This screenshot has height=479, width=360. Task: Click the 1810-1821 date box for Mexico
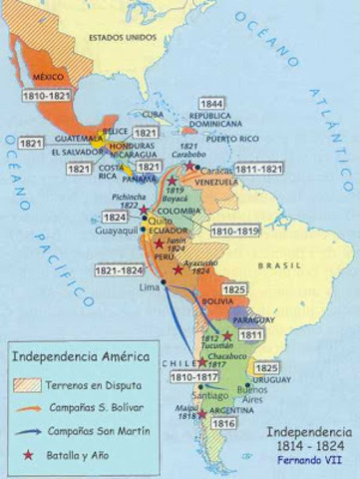46,97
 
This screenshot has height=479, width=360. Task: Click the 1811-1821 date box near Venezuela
285,171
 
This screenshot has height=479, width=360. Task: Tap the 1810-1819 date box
235,230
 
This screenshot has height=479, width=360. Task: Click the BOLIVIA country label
217,299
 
